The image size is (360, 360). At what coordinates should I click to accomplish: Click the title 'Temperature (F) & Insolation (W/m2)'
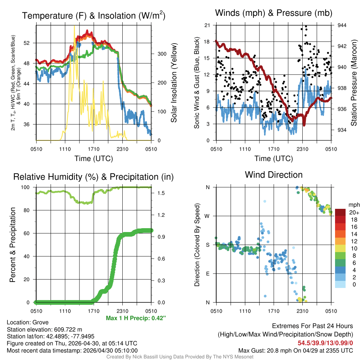pos(94,16)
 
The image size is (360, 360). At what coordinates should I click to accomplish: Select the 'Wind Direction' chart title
pos(274,175)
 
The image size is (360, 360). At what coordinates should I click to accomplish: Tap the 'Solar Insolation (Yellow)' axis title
pos(174,83)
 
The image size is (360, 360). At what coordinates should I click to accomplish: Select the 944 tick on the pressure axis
pos(342,25)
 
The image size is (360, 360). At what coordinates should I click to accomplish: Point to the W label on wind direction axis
pos(208,216)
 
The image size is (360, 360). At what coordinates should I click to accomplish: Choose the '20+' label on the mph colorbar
pos(353,212)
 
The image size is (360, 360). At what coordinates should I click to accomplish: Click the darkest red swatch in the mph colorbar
pos(340,212)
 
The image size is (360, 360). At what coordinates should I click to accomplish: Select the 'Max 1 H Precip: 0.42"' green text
pos(136,318)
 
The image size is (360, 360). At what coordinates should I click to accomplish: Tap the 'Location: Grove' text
pos(28,322)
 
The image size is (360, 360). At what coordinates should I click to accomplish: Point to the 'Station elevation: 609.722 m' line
pos(44,329)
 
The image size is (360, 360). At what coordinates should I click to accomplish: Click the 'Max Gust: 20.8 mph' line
pos(295,350)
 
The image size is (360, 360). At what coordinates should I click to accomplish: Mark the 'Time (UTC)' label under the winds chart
pos(274,159)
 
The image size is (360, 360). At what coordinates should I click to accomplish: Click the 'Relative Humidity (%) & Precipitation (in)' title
pos(94,177)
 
